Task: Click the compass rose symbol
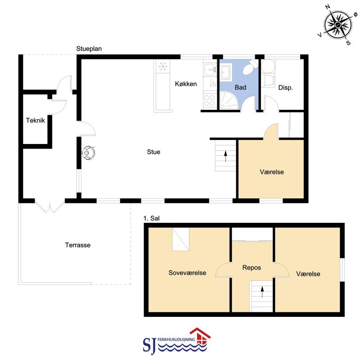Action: [338, 25]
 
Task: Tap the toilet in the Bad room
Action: [250, 67]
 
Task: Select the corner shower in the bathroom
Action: [229, 100]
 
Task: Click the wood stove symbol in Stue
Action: [89, 153]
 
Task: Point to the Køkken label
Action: [186, 84]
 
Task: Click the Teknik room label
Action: [36, 120]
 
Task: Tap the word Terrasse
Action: [77, 245]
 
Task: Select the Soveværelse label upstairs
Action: [187, 273]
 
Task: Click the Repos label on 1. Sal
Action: [252, 268]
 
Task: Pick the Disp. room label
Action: [285, 87]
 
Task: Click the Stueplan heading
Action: [89, 49]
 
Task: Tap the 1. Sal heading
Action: [151, 218]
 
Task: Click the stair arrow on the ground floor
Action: [225, 156]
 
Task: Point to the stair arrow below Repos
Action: [262, 292]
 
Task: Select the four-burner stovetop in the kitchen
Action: [209, 100]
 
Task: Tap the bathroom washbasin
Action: [226, 72]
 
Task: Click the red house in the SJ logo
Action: [200, 336]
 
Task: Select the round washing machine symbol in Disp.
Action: [268, 67]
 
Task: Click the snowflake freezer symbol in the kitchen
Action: [163, 67]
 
